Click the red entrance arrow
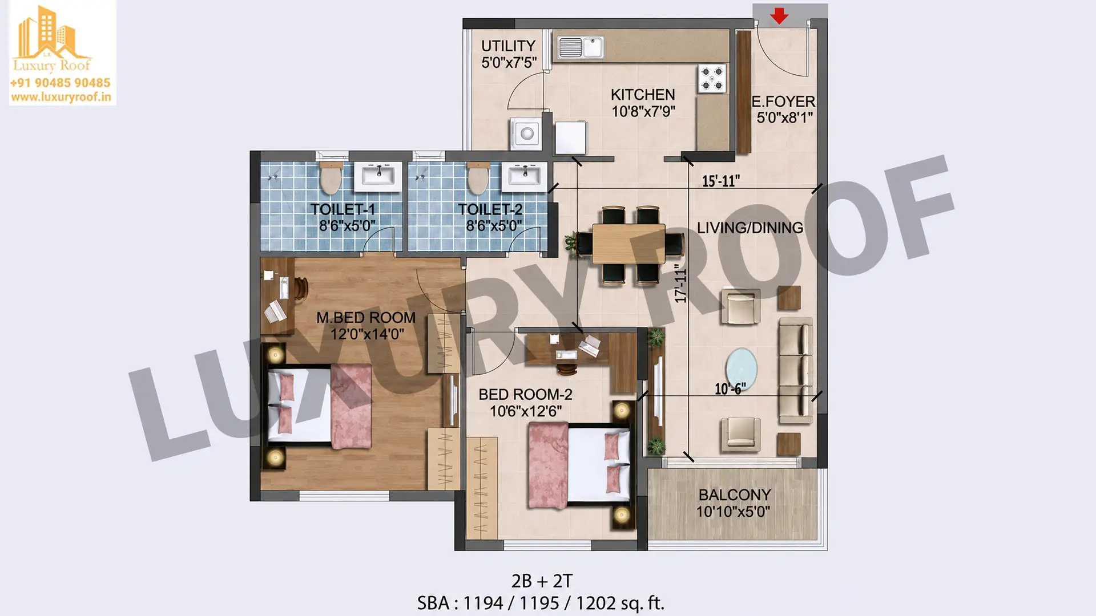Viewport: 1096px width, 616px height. (x=779, y=16)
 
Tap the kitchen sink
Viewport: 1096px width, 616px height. (x=580, y=47)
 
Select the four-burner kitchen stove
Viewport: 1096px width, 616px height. (x=712, y=78)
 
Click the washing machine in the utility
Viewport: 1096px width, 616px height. (x=526, y=133)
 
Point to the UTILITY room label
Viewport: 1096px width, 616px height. (x=508, y=46)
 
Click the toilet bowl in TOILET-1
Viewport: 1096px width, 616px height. (x=331, y=177)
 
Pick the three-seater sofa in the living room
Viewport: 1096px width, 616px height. (x=796, y=371)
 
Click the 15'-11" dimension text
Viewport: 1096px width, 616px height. (x=720, y=181)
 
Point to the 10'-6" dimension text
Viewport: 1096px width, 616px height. (x=730, y=389)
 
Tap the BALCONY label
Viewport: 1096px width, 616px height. (x=735, y=495)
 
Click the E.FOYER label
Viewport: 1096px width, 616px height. (x=783, y=102)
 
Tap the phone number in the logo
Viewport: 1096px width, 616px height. (x=61, y=83)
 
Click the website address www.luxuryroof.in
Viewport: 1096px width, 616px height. (x=61, y=97)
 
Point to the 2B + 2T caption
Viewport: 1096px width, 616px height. (x=542, y=581)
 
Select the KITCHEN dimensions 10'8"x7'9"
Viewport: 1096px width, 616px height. (x=643, y=111)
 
